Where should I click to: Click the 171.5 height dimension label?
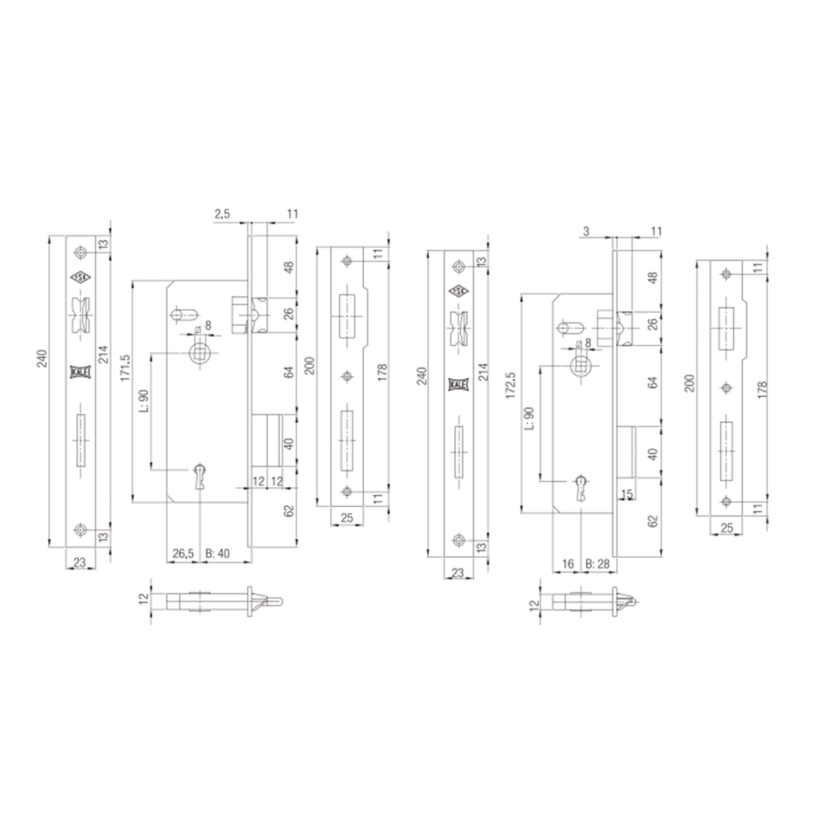(126, 369)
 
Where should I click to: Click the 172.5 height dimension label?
(510, 385)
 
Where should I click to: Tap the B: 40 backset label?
(218, 553)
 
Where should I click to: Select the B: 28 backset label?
(598, 564)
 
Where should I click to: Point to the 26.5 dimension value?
(183, 553)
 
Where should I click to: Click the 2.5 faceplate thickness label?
(222, 214)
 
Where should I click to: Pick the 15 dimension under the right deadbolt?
(627, 494)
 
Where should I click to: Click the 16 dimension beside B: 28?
(567, 564)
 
